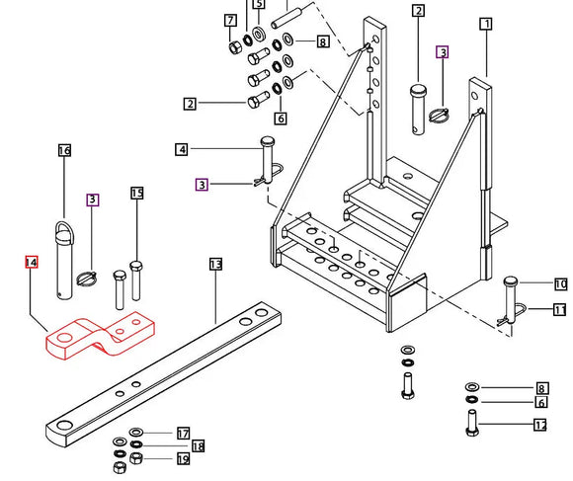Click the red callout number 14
(x=32, y=263)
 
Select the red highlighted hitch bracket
(x=100, y=335)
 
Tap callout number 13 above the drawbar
(x=216, y=264)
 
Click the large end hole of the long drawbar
(x=65, y=426)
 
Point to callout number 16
(x=64, y=150)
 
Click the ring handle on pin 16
(x=64, y=234)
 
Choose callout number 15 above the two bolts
(x=137, y=193)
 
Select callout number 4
(x=182, y=149)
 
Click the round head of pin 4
(x=268, y=140)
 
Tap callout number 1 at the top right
(x=486, y=24)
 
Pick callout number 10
(x=561, y=284)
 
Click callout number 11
(x=560, y=310)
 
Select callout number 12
(x=540, y=425)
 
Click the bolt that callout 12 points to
(x=472, y=423)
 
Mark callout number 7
(x=230, y=20)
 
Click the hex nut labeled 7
(x=235, y=47)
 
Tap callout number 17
(x=183, y=434)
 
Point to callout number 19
(x=183, y=458)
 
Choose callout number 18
(x=198, y=446)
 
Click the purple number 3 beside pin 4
(x=203, y=185)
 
